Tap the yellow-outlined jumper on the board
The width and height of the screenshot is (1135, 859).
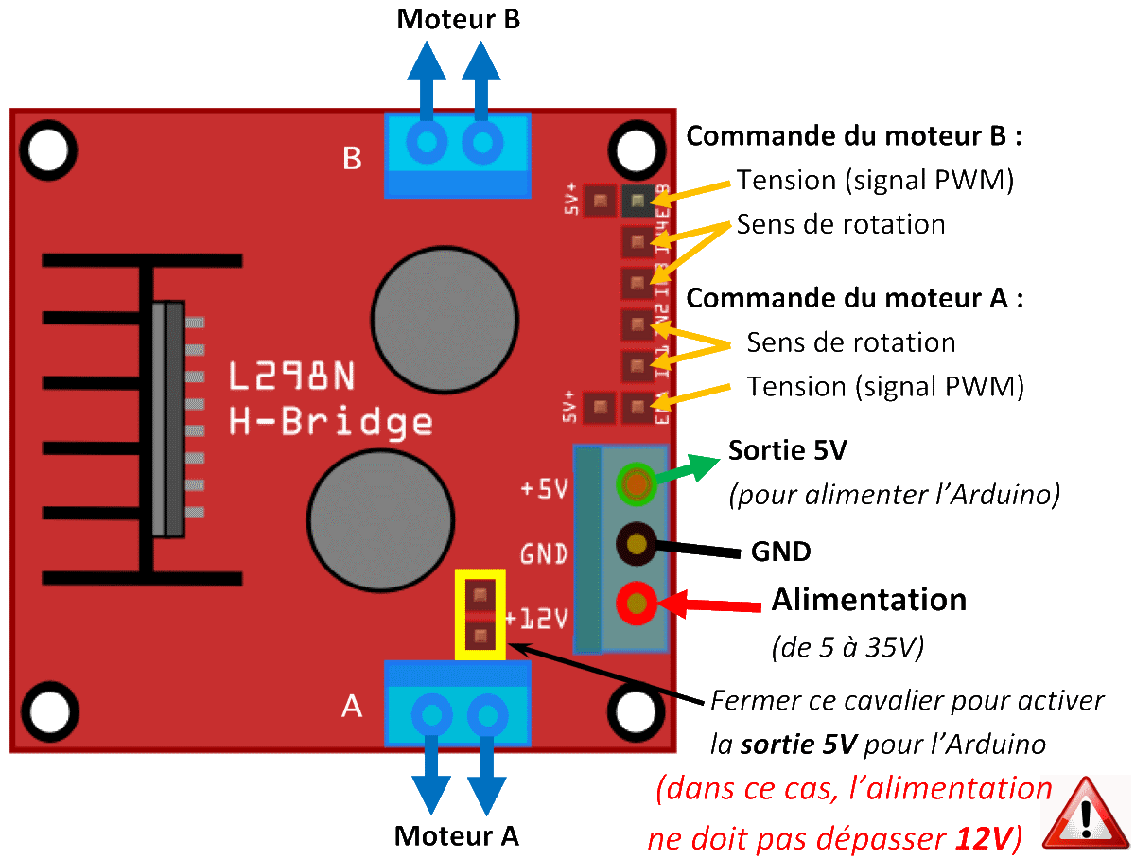pos(480,614)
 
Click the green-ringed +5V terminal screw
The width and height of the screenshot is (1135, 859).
pos(637,484)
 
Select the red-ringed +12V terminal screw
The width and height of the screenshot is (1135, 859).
pos(637,602)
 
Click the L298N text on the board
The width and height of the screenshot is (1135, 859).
pos(293,377)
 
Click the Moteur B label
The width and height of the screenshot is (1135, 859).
pos(459,19)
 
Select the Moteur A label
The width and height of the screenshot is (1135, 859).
pos(457,835)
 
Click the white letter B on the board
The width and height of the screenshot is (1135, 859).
pos(352,158)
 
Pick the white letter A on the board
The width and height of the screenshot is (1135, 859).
pos(351,706)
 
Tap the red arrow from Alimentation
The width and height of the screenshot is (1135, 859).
pos(709,604)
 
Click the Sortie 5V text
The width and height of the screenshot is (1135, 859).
pos(787,450)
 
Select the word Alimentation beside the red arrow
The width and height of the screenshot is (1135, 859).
pos(869,600)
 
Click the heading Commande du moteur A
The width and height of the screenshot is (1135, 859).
pos(855,300)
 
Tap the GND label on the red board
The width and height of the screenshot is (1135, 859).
pos(544,552)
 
